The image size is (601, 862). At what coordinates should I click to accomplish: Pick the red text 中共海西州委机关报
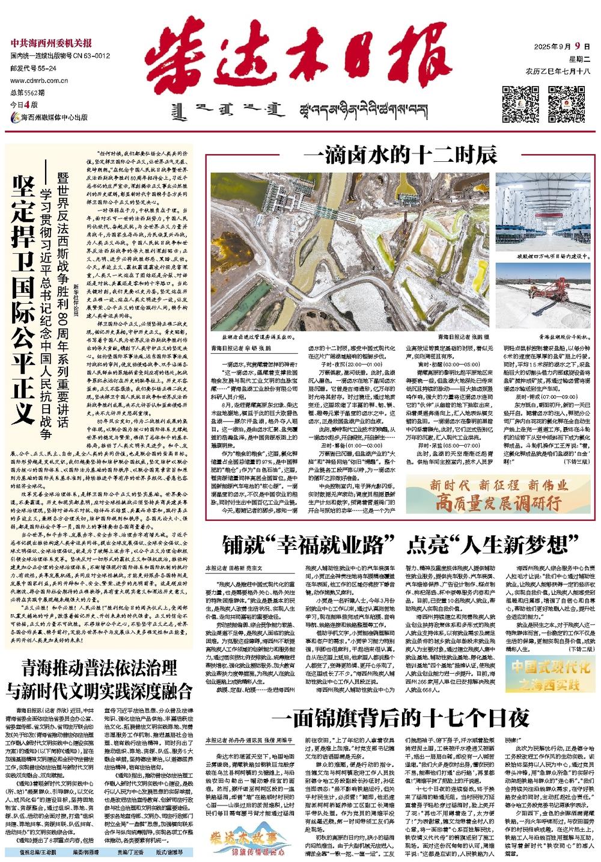point(51,43)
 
